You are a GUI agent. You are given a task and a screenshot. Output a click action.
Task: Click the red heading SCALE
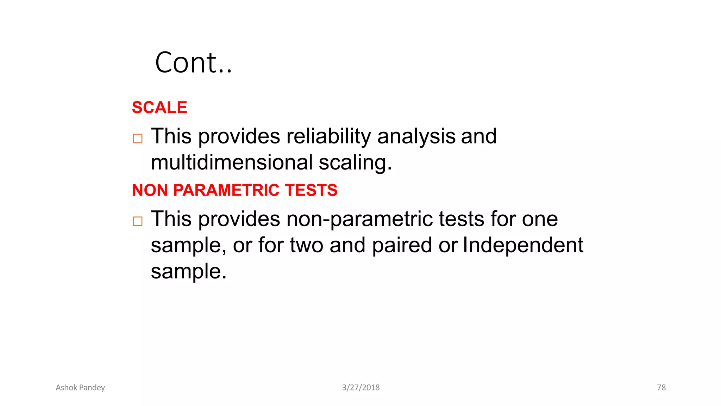click(x=159, y=107)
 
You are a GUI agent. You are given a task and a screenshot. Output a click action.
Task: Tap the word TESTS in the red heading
click(x=311, y=190)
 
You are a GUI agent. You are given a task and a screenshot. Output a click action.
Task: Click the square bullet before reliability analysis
click(x=138, y=139)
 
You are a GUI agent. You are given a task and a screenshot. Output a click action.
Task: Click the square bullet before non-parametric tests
click(x=138, y=221)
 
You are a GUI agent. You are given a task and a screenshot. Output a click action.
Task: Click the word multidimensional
click(x=232, y=162)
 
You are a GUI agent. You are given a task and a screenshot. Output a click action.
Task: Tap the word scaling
click(x=355, y=163)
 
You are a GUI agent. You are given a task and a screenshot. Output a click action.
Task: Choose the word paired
click(x=402, y=245)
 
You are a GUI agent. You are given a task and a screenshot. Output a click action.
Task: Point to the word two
click(x=306, y=245)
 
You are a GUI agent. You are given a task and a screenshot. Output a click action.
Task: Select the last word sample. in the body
click(x=189, y=271)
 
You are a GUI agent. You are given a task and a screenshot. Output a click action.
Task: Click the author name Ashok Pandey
click(x=80, y=388)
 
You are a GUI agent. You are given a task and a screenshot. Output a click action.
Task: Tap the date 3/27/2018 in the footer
click(x=361, y=388)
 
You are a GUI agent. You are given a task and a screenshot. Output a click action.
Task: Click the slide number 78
click(x=661, y=388)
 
